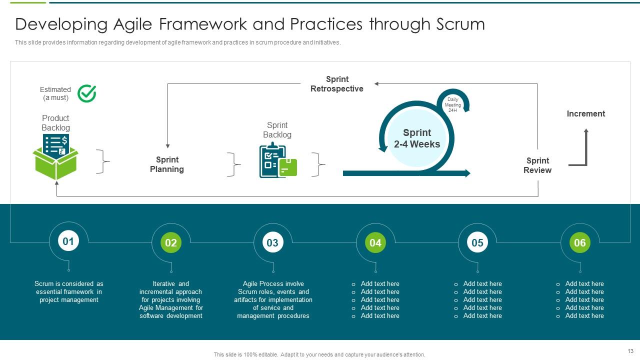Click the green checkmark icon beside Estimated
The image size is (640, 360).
pyautogui.click(x=86, y=93)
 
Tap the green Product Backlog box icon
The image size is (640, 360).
pyautogui.click(x=55, y=157)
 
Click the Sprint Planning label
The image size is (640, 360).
pyautogui.click(x=167, y=164)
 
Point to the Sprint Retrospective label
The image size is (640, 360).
pyautogui.click(x=337, y=84)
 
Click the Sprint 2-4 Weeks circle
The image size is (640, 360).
pyautogui.click(x=417, y=138)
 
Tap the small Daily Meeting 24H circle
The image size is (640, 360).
pyautogui.click(x=453, y=104)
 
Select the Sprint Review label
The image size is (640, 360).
pyautogui.click(x=537, y=165)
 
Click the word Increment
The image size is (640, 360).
pyautogui.click(x=586, y=114)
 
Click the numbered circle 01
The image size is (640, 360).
pyautogui.click(x=68, y=242)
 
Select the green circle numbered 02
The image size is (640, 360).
pyautogui.click(x=171, y=243)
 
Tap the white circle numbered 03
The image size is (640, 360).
pyautogui.click(x=272, y=243)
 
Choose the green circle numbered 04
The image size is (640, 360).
pyautogui.click(x=375, y=243)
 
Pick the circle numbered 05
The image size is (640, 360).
pyautogui.click(x=477, y=243)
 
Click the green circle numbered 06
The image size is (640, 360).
pyautogui.click(x=580, y=243)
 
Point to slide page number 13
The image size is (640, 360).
pyautogui.click(x=630, y=351)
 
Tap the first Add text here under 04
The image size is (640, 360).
pyautogui.click(x=380, y=284)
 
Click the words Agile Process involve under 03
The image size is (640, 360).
pyautogui.click(x=273, y=284)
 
